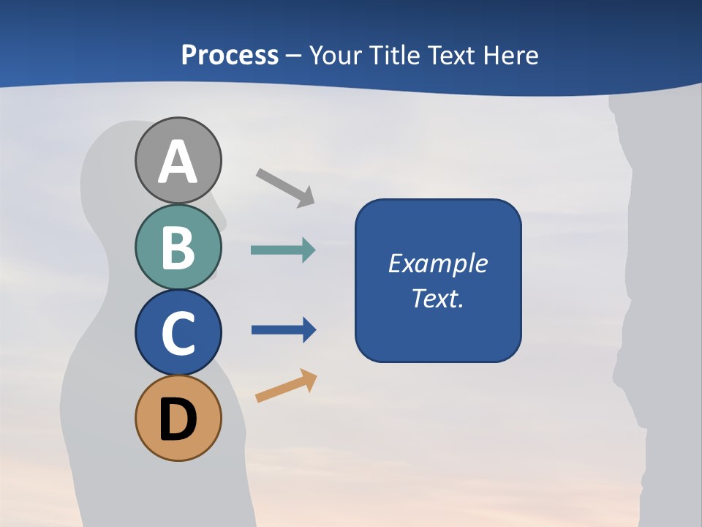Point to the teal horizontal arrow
(x=283, y=250)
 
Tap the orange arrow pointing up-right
(x=286, y=386)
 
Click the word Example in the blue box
(x=438, y=263)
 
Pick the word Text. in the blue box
(x=438, y=299)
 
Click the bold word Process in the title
(x=230, y=55)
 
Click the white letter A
(x=178, y=162)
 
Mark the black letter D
(x=178, y=419)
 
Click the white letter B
(x=178, y=247)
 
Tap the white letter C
(x=178, y=333)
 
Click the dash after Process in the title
(x=294, y=56)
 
